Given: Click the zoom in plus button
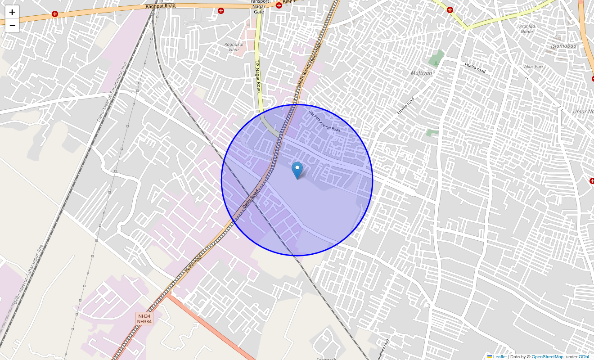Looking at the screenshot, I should pyautogui.click(x=12, y=12).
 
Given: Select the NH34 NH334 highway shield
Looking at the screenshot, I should pyautogui.click(x=144, y=319).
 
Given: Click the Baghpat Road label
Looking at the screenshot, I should pyautogui.click(x=160, y=6).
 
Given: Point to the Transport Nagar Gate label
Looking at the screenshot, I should pyautogui.click(x=259, y=6).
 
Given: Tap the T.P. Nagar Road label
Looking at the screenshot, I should pyautogui.click(x=258, y=76).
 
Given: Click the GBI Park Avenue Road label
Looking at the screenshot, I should pyautogui.click(x=324, y=121).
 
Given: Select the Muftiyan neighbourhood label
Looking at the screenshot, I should pyautogui.click(x=421, y=73).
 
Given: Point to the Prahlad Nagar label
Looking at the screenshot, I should pyautogui.click(x=526, y=29).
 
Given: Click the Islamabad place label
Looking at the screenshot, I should pyautogui.click(x=563, y=46).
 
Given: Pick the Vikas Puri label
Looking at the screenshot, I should pyautogui.click(x=533, y=67).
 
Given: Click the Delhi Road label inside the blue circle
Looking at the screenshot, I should pyautogui.click(x=251, y=198).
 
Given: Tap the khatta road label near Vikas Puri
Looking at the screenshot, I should pyautogui.click(x=475, y=68).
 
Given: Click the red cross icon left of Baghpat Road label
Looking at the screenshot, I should pyautogui.click(x=55, y=14).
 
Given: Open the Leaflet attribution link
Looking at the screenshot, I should pyautogui.click(x=499, y=357).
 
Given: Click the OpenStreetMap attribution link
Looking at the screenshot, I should pyautogui.click(x=547, y=357).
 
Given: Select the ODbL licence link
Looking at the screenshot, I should pyautogui.click(x=584, y=357).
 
